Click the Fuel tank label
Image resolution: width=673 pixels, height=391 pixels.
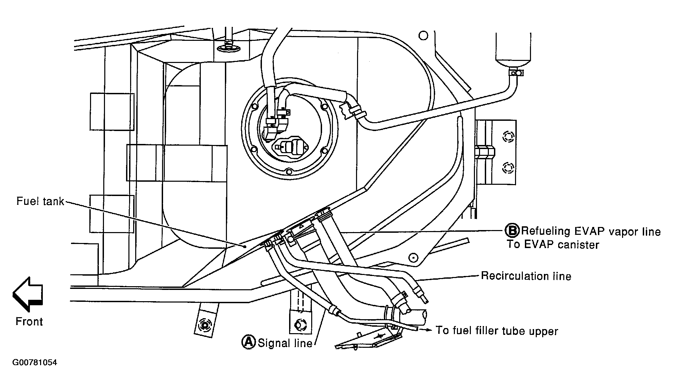pos(40,201)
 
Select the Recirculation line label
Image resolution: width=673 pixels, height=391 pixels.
pos(526,276)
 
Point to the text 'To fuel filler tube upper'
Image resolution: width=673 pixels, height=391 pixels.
pos(497,331)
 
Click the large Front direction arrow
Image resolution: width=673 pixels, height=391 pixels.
pos(28,294)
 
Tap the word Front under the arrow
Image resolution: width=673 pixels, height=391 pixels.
pos(29,322)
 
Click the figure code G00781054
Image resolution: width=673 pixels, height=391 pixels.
pos(35,363)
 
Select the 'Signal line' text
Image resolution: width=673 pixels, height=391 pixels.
pos(285,343)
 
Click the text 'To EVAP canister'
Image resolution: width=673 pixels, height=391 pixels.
pos(553,244)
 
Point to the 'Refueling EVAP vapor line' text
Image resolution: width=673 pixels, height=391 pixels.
pos(591,231)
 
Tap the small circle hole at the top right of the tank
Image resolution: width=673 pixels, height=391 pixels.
pos(423,35)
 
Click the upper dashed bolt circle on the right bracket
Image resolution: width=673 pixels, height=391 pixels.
pos(508,136)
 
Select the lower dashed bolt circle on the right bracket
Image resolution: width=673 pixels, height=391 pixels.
pos(508,167)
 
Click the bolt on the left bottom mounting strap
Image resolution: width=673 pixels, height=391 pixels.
pos(205,325)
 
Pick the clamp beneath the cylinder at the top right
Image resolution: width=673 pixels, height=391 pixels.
pos(516,72)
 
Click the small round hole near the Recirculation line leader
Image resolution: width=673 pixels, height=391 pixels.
pos(413,257)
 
